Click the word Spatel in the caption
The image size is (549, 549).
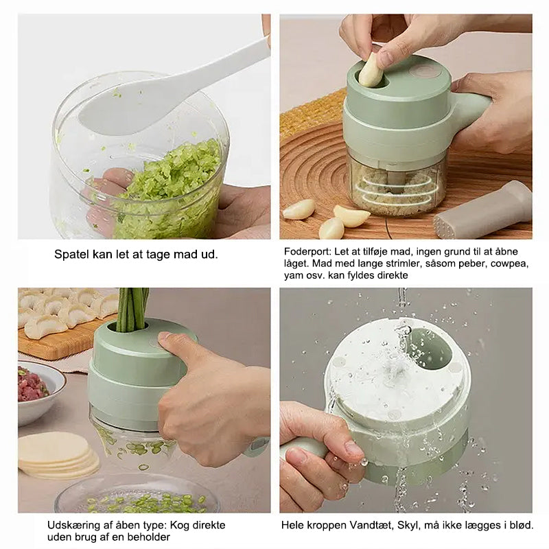pyautogui.click(x=71, y=254)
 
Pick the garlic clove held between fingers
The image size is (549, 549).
pyautogui.click(x=371, y=69)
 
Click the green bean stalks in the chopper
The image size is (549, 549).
pyautogui.click(x=132, y=309)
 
